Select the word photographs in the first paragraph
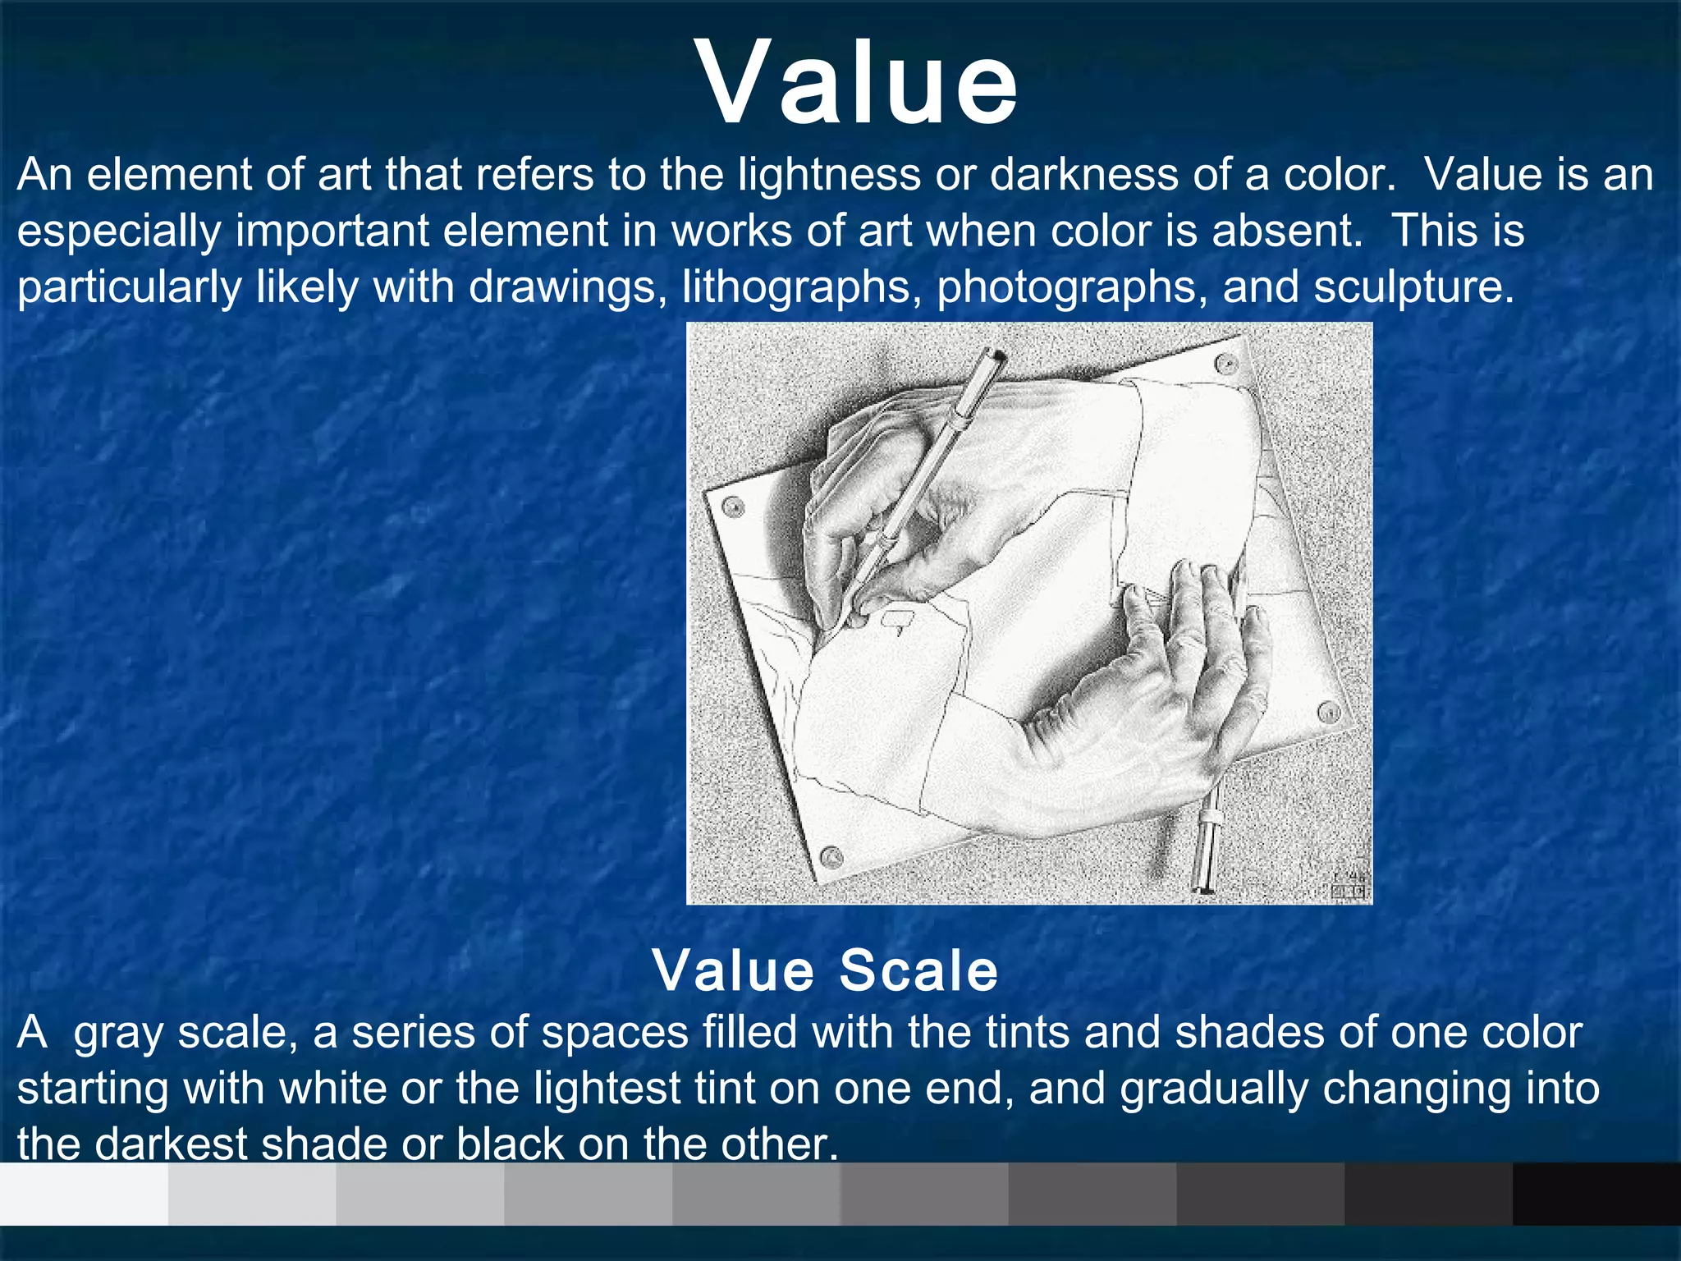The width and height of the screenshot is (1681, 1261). pos(1070,287)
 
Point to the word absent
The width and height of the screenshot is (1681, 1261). pos(1286,231)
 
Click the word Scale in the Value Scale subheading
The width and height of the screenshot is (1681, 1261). pos(918,970)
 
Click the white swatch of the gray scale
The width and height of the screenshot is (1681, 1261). pos(84,1194)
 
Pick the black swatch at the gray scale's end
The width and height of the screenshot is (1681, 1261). pos(1596,1194)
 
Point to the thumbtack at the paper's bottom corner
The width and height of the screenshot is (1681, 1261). pos(831,858)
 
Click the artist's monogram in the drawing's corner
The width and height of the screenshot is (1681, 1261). pos(1349,885)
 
